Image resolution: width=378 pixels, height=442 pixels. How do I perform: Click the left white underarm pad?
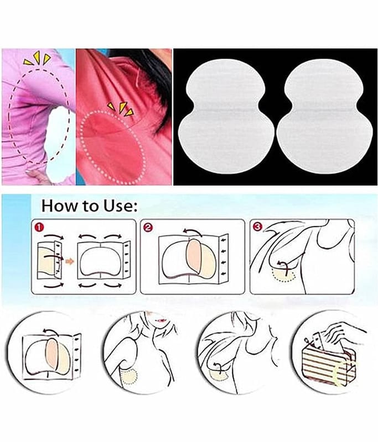[225, 116]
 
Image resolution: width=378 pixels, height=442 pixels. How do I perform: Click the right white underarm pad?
[323, 116]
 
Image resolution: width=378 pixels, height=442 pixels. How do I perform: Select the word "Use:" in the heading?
[121, 206]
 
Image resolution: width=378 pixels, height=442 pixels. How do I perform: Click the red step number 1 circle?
[39, 227]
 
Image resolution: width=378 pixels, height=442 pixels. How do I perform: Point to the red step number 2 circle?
[148, 227]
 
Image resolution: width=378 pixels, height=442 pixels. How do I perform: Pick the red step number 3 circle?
[258, 227]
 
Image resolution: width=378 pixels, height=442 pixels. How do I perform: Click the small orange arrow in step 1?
[69, 261]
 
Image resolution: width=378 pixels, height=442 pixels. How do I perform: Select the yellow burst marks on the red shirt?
[121, 109]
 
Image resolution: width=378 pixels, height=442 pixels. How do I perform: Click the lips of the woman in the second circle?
[162, 320]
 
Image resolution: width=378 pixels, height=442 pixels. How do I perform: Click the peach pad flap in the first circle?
[51, 353]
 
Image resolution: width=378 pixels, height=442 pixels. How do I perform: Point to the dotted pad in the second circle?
[130, 376]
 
